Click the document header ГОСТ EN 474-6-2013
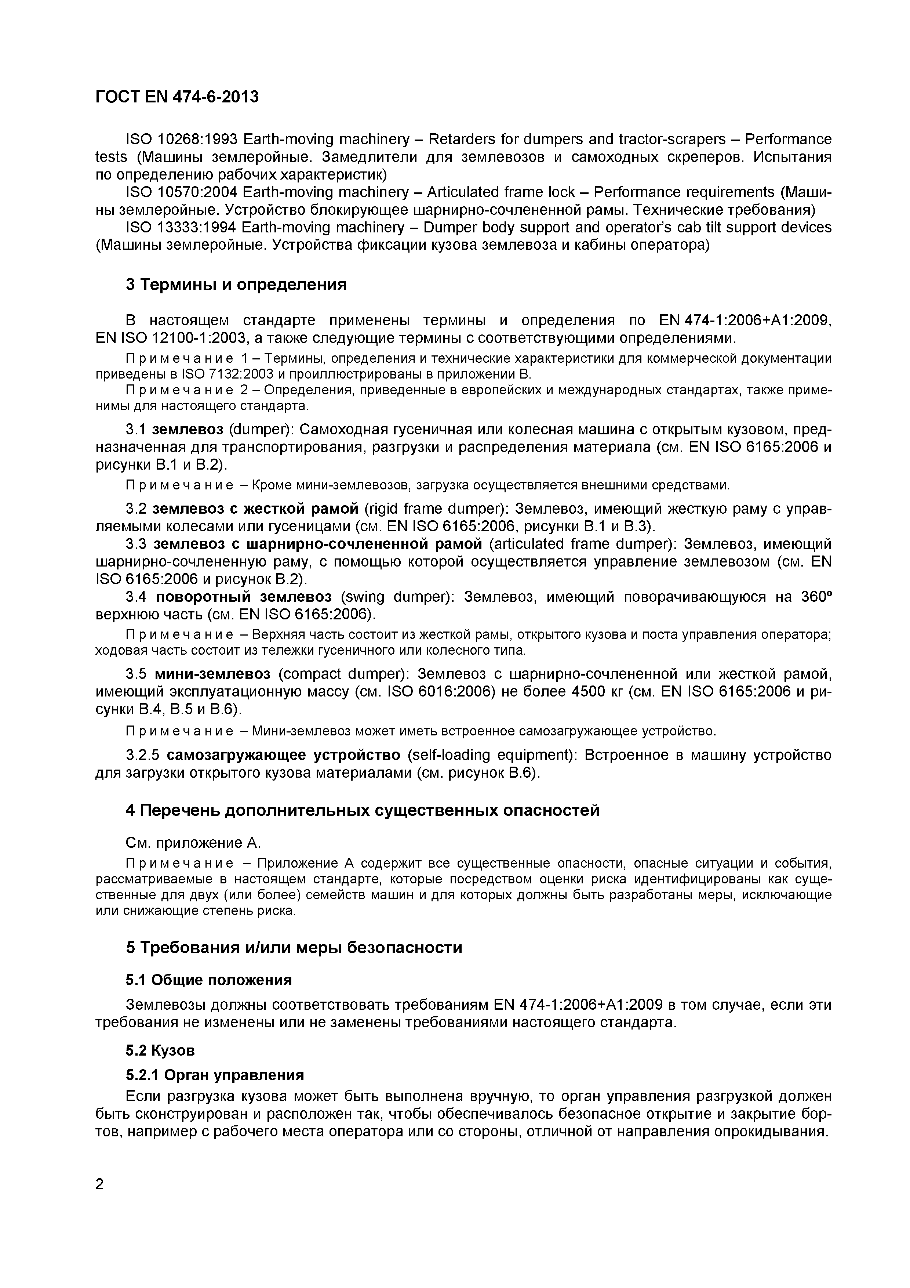(177, 97)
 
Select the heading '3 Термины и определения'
(236, 285)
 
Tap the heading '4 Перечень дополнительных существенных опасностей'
(362, 811)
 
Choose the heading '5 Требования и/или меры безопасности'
(294, 948)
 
